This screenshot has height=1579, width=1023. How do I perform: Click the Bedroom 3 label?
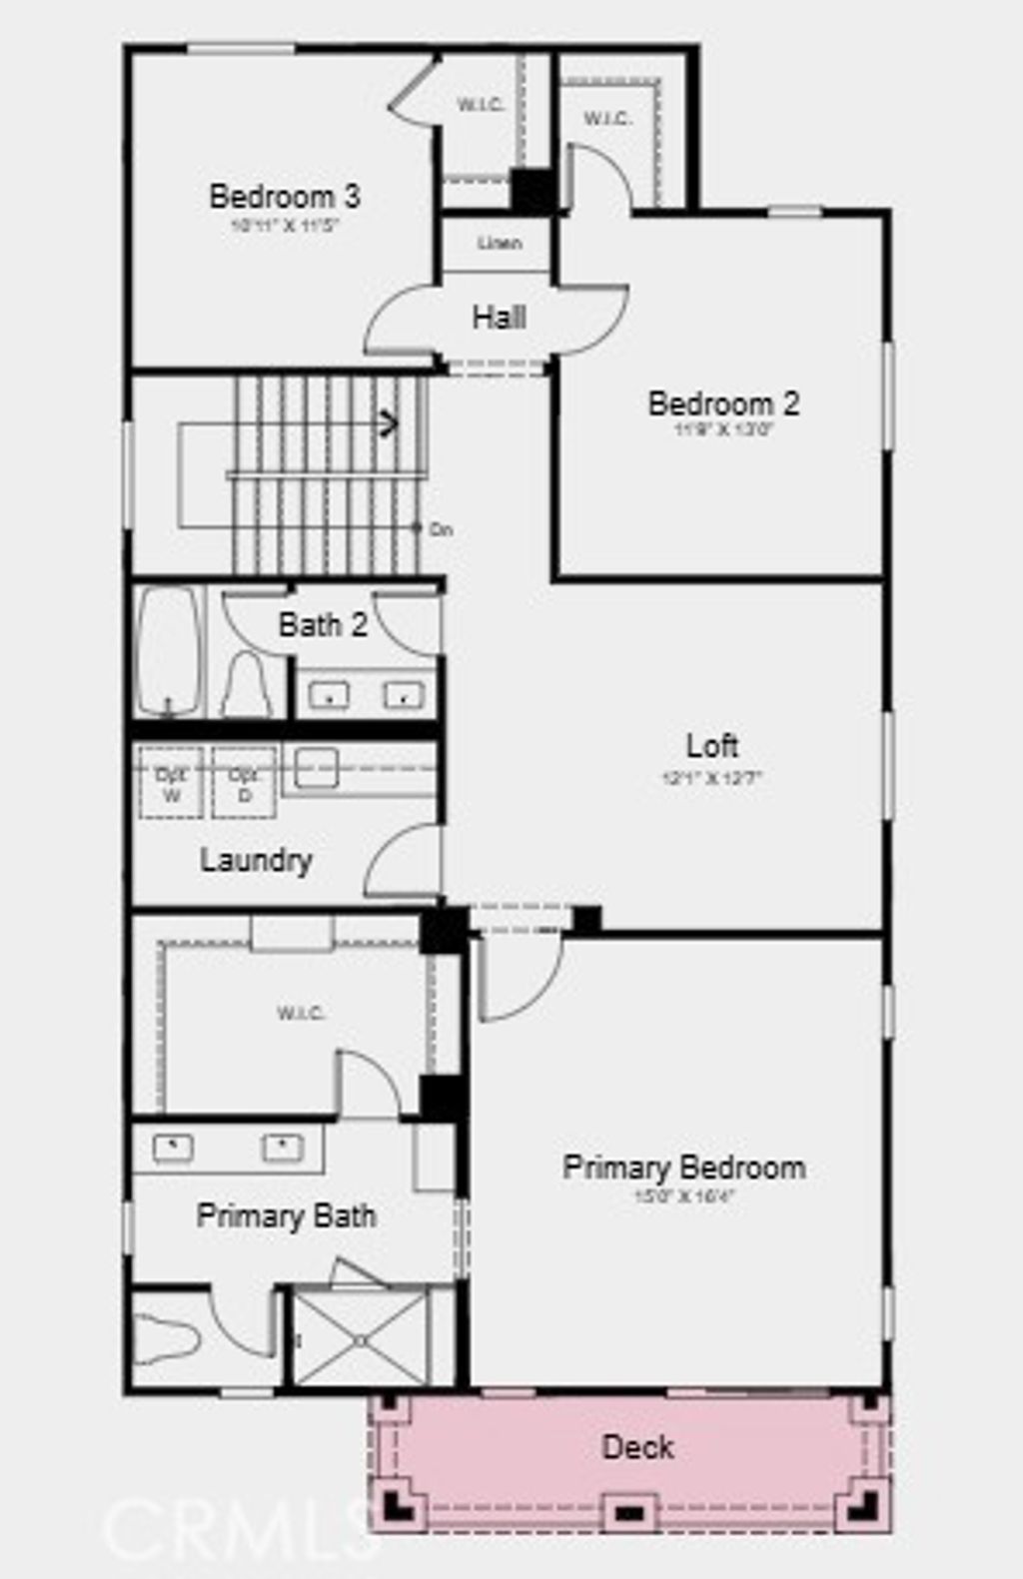pyautogui.click(x=285, y=196)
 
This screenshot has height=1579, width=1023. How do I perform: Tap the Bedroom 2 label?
pyautogui.click(x=723, y=403)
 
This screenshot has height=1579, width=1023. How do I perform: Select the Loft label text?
pyautogui.click(x=712, y=745)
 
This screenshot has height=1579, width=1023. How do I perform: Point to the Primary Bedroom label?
pyautogui.click(x=684, y=1167)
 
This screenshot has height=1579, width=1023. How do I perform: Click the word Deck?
pyautogui.click(x=637, y=1446)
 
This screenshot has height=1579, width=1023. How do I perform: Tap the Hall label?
pyautogui.click(x=500, y=318)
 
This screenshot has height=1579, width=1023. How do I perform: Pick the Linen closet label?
pyautogui.click(x=500, y=243)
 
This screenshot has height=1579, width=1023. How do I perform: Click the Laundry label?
pyautogui.click(x=256, y=860)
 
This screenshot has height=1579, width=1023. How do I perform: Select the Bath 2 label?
pyautogui.click(x=323, y=625)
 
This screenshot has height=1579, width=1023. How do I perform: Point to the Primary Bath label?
pyautogui.click(x=287, y=1215)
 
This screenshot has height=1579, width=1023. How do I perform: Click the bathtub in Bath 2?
pyautogui.click(x=168, y=650)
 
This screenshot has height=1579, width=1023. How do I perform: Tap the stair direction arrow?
pyautogui.click(x=388, y=424)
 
